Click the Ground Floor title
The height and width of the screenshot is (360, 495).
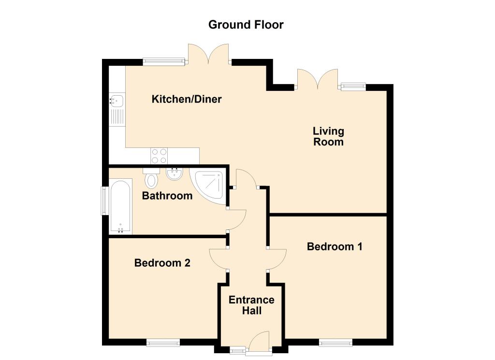[x=246, y=25]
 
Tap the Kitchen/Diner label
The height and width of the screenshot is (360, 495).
[x=187, y=100]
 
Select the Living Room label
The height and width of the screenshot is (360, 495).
[x=328, y=136]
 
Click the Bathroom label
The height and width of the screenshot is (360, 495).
[x=167, y=196]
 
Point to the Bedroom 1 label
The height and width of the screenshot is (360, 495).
[x=335, y=246]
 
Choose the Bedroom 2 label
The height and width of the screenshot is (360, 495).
[x=162, y=263]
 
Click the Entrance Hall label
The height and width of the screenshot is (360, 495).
[x=251, y=305]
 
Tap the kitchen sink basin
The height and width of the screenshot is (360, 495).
[x=116, y=101]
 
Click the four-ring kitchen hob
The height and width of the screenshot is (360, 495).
[x=159, y=156]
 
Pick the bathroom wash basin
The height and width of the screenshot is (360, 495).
[x=174, y=174]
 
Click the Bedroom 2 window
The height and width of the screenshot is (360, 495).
[x=163, y=343]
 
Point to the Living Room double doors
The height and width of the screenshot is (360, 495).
[x=317, y=80]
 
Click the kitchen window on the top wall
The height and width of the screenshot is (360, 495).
[x=164, y=61]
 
